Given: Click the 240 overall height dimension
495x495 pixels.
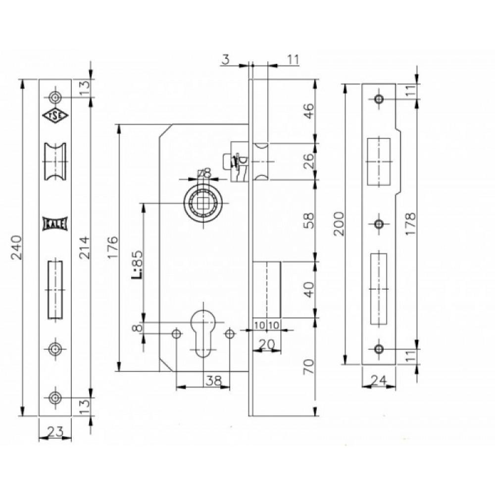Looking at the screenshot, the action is pos(16,247).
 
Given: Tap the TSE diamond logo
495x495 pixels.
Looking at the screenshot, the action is pos(55,115).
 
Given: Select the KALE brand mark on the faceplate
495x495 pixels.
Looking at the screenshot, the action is pos(55,224).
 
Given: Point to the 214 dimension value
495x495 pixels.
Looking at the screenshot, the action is pos(85,248).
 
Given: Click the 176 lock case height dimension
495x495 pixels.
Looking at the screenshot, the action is pos(113,247).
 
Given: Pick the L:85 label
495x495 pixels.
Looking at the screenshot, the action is pos(137,264).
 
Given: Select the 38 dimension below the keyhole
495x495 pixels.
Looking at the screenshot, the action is pos(213,381).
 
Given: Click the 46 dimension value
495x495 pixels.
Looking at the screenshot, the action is pos(310,110).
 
